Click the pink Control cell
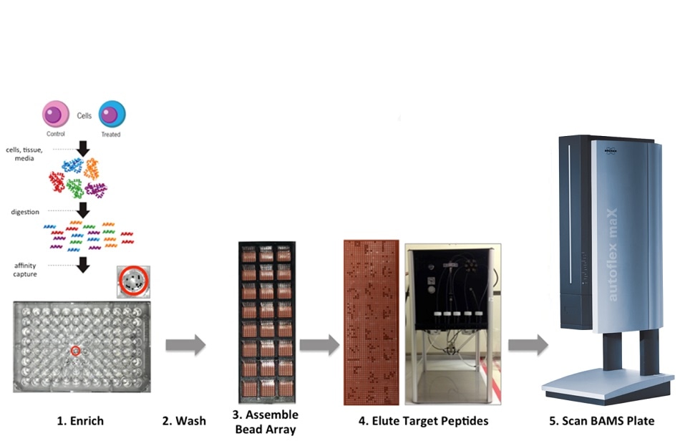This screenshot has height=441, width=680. [x=56, y=115]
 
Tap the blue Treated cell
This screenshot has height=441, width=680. [x=112, y=115]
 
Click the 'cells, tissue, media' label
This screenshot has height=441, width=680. [x=28, y=154]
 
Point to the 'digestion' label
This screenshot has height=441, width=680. [x=25, y=212]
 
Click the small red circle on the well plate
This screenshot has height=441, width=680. [x=75, y=351]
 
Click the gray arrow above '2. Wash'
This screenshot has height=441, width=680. [x=185, y=345]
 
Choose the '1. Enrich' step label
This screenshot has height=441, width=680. [x=80, y=421]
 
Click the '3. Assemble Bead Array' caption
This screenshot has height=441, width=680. [x=266, y=422]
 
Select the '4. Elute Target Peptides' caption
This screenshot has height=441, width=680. [x=423, y=421]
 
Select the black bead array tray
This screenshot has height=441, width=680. [x=266, y=323]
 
